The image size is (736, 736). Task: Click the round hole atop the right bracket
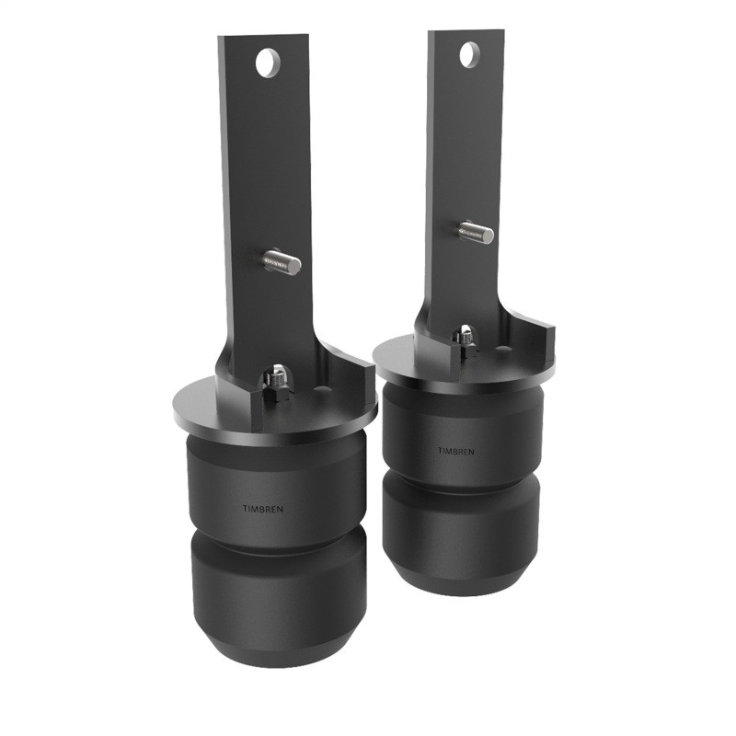tap(468, 53)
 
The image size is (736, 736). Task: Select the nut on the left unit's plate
tap(273, 378)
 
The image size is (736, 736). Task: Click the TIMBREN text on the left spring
tap(259, 507)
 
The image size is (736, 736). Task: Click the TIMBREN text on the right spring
tap(455, 452)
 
